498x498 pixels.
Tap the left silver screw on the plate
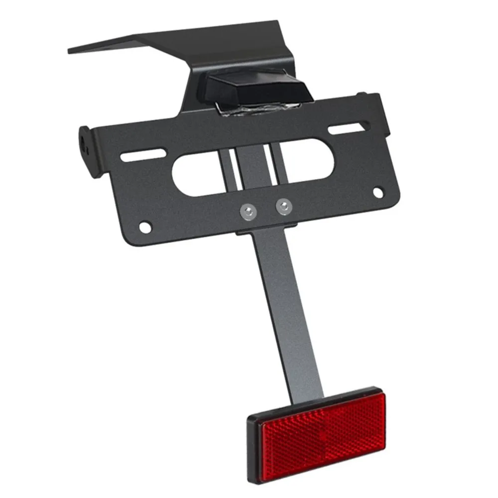248,211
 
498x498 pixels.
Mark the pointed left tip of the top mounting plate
71,50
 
